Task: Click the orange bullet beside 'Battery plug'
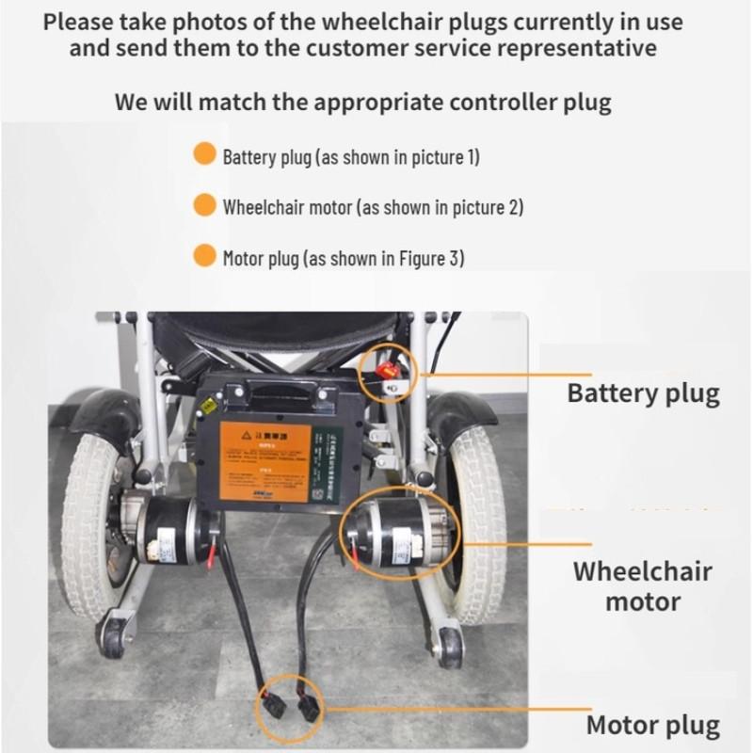tap(204, 154)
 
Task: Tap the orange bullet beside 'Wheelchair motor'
tap(204, 205)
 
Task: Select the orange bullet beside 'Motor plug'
tap(204, 256)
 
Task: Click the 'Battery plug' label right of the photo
tap(643, 393)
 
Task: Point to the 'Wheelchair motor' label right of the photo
tap(643, 585)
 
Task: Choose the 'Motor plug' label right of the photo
tap(652, 725)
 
